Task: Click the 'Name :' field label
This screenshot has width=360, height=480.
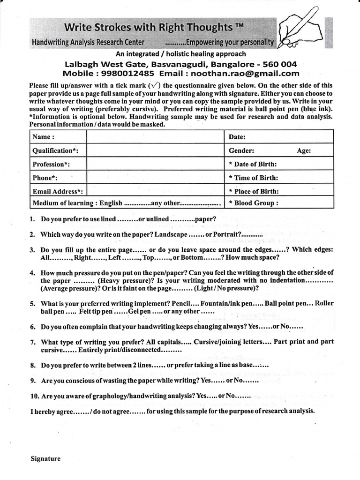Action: [x=43, y=137]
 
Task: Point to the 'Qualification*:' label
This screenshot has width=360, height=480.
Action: [x=55, y=151]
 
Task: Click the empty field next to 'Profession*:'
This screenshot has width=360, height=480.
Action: [x=155, y=165]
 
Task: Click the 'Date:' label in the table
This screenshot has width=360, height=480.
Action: [x=237, y=137]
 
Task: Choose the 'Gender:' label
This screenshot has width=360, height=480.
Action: [x=241, y=151]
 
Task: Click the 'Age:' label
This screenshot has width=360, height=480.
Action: [x=304, y=151]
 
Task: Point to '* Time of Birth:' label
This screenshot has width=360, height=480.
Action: [x=254, y=178]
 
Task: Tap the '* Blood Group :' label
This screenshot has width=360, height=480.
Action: [x=254, y=203]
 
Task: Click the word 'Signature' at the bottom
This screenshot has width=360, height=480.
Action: [x=45, y=459]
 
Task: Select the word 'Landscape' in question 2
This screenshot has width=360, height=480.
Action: [x=171, y=234]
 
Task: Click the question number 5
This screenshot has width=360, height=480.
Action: [x=32, y=304]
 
